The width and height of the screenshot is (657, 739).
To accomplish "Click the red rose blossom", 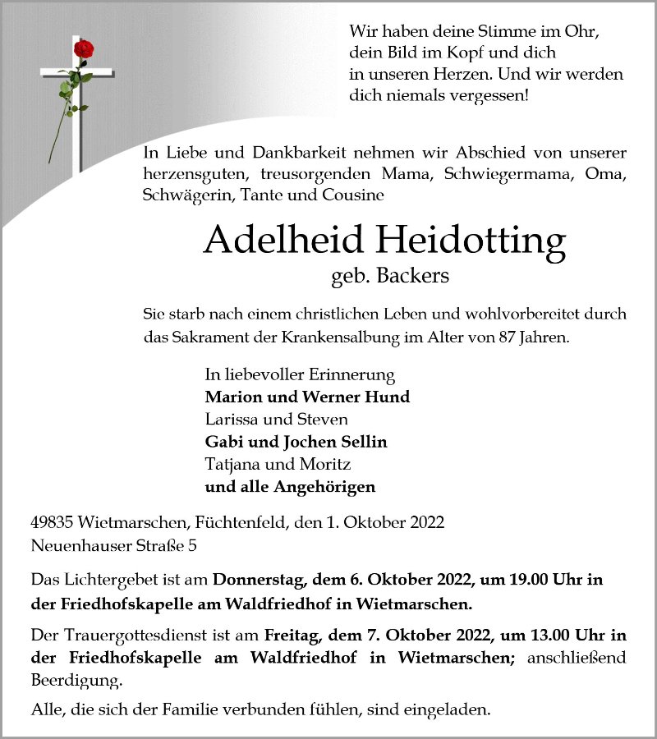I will point(83,49).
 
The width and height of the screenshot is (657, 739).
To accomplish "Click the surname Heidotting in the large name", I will point(471,240).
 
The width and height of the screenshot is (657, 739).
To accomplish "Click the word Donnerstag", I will point(258,579).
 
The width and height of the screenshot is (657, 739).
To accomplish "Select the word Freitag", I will point(294,635).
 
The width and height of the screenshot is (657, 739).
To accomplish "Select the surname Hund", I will point(390,397).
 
